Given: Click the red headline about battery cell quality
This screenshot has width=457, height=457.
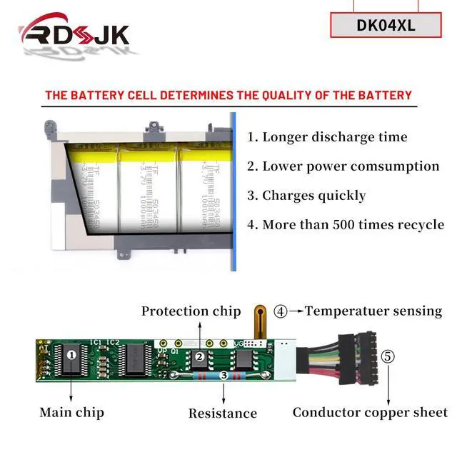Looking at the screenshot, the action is point(228,95).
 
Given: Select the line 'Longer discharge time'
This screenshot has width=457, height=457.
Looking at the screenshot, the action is point(327,137).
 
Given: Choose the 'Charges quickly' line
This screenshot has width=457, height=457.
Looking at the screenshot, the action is point(306,196).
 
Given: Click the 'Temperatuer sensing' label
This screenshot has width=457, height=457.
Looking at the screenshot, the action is point(373,311).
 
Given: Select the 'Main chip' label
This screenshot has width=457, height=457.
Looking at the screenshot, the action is point(71,412).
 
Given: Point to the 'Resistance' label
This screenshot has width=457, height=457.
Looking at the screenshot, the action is point(223,413).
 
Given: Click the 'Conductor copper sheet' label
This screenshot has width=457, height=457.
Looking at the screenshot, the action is point(370,412).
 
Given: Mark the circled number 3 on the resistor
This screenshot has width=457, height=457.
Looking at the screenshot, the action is point(224,374).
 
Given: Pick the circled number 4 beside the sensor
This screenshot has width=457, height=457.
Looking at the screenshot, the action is point(281,311).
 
